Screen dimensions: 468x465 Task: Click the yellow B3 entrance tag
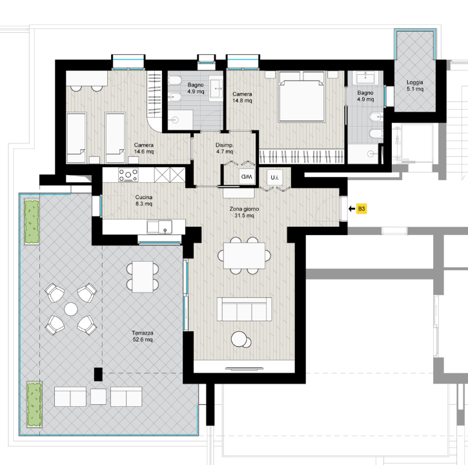(x=361, y=209)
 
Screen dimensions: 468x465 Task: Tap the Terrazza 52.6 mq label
(x=143, y=336)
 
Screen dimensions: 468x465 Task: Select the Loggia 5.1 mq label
(x=415, y=85)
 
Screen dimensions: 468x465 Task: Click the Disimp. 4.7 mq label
(x=225, y=148)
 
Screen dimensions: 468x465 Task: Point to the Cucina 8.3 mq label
(x=144, y=200)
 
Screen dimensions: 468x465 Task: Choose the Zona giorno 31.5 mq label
(x=244, y=212)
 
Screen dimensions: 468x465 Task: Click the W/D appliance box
(x=247, y=176)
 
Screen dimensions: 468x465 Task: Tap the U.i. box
(x=274, y=178)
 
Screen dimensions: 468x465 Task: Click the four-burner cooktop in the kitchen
(x=128, y=175)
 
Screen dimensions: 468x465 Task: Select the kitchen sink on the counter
(x=159, y=227)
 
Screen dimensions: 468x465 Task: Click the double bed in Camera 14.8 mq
(x=301, y=97)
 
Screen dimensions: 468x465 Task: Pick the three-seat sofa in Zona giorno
(x=244, y=309)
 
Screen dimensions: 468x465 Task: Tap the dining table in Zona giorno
(x=245, y=256)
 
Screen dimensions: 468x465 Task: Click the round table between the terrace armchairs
(x=71, y=309)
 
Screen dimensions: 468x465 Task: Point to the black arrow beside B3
(x=352, y=209)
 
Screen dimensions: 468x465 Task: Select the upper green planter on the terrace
(x=32, y=222)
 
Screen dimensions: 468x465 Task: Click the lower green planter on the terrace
(x=34, y=405)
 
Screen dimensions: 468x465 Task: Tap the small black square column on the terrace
(x=98, y=374)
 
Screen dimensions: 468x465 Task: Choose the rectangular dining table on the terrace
(x=143, y=277)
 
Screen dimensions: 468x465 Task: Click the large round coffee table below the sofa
(x=238, y=339)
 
